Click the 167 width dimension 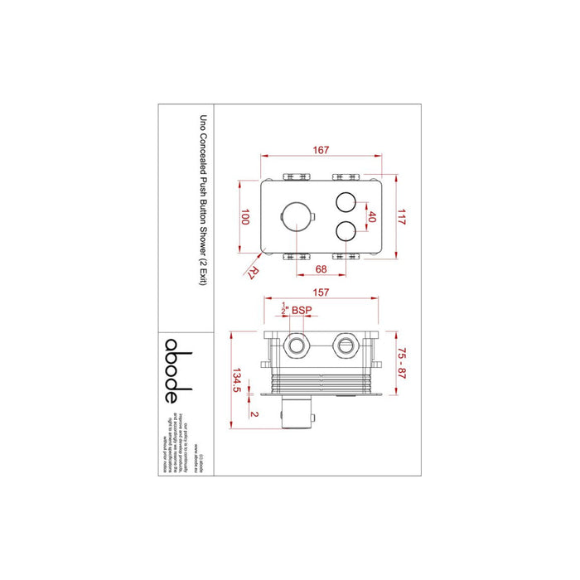tap(321, 150)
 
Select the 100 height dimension tap(244, 217)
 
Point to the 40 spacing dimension tap(372, 217)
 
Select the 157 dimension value tap(321, 292)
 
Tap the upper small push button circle tap(347, 201)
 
